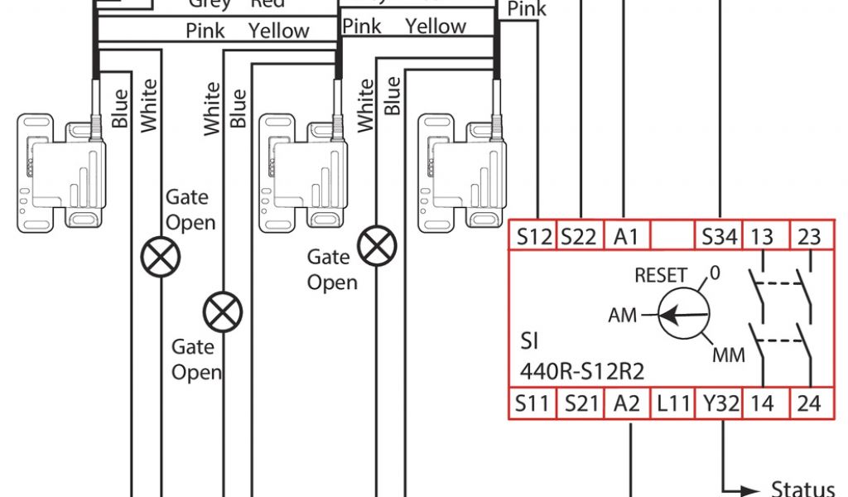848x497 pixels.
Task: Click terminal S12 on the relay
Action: tap(534, 237)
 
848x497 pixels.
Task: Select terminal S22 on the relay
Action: tap(578, 237)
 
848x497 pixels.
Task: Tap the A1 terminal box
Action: tap(627, 237)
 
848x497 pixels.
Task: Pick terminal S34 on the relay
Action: tap(719, 237)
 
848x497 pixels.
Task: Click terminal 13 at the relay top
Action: tap(762, 237)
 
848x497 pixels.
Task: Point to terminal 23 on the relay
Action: tap(808, 237)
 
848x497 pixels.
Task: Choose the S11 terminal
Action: tap(532, 404)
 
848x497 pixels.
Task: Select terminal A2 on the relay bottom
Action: tap(627, 404)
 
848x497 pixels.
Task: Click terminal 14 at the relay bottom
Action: tap(762, 404)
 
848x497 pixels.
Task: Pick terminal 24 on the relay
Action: tap(808, 404)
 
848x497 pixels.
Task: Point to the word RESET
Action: tap(660, 276)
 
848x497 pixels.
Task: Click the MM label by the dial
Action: tap(728, 355)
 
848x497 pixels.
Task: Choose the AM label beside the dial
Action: tap(623, 316)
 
